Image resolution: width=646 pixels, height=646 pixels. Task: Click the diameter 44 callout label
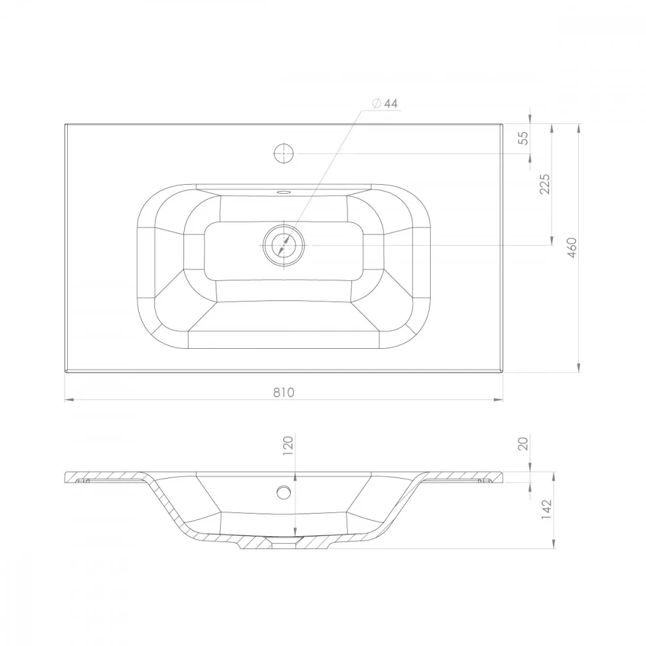[385, 103]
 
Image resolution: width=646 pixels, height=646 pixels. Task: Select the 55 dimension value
[523, 138]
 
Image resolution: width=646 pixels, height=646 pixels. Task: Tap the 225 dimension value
[545, 184]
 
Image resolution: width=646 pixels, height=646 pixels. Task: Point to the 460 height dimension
[572, 248]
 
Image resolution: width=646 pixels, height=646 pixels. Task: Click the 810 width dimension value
[284, 392]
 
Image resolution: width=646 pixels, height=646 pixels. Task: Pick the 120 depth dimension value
[288, 445]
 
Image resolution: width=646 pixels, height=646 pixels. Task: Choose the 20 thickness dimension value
[523, 444]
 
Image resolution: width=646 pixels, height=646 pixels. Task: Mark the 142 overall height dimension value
[546, 509]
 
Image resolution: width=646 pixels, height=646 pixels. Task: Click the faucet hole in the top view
[284, 154]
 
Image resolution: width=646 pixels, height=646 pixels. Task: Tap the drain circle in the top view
[284, 245]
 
